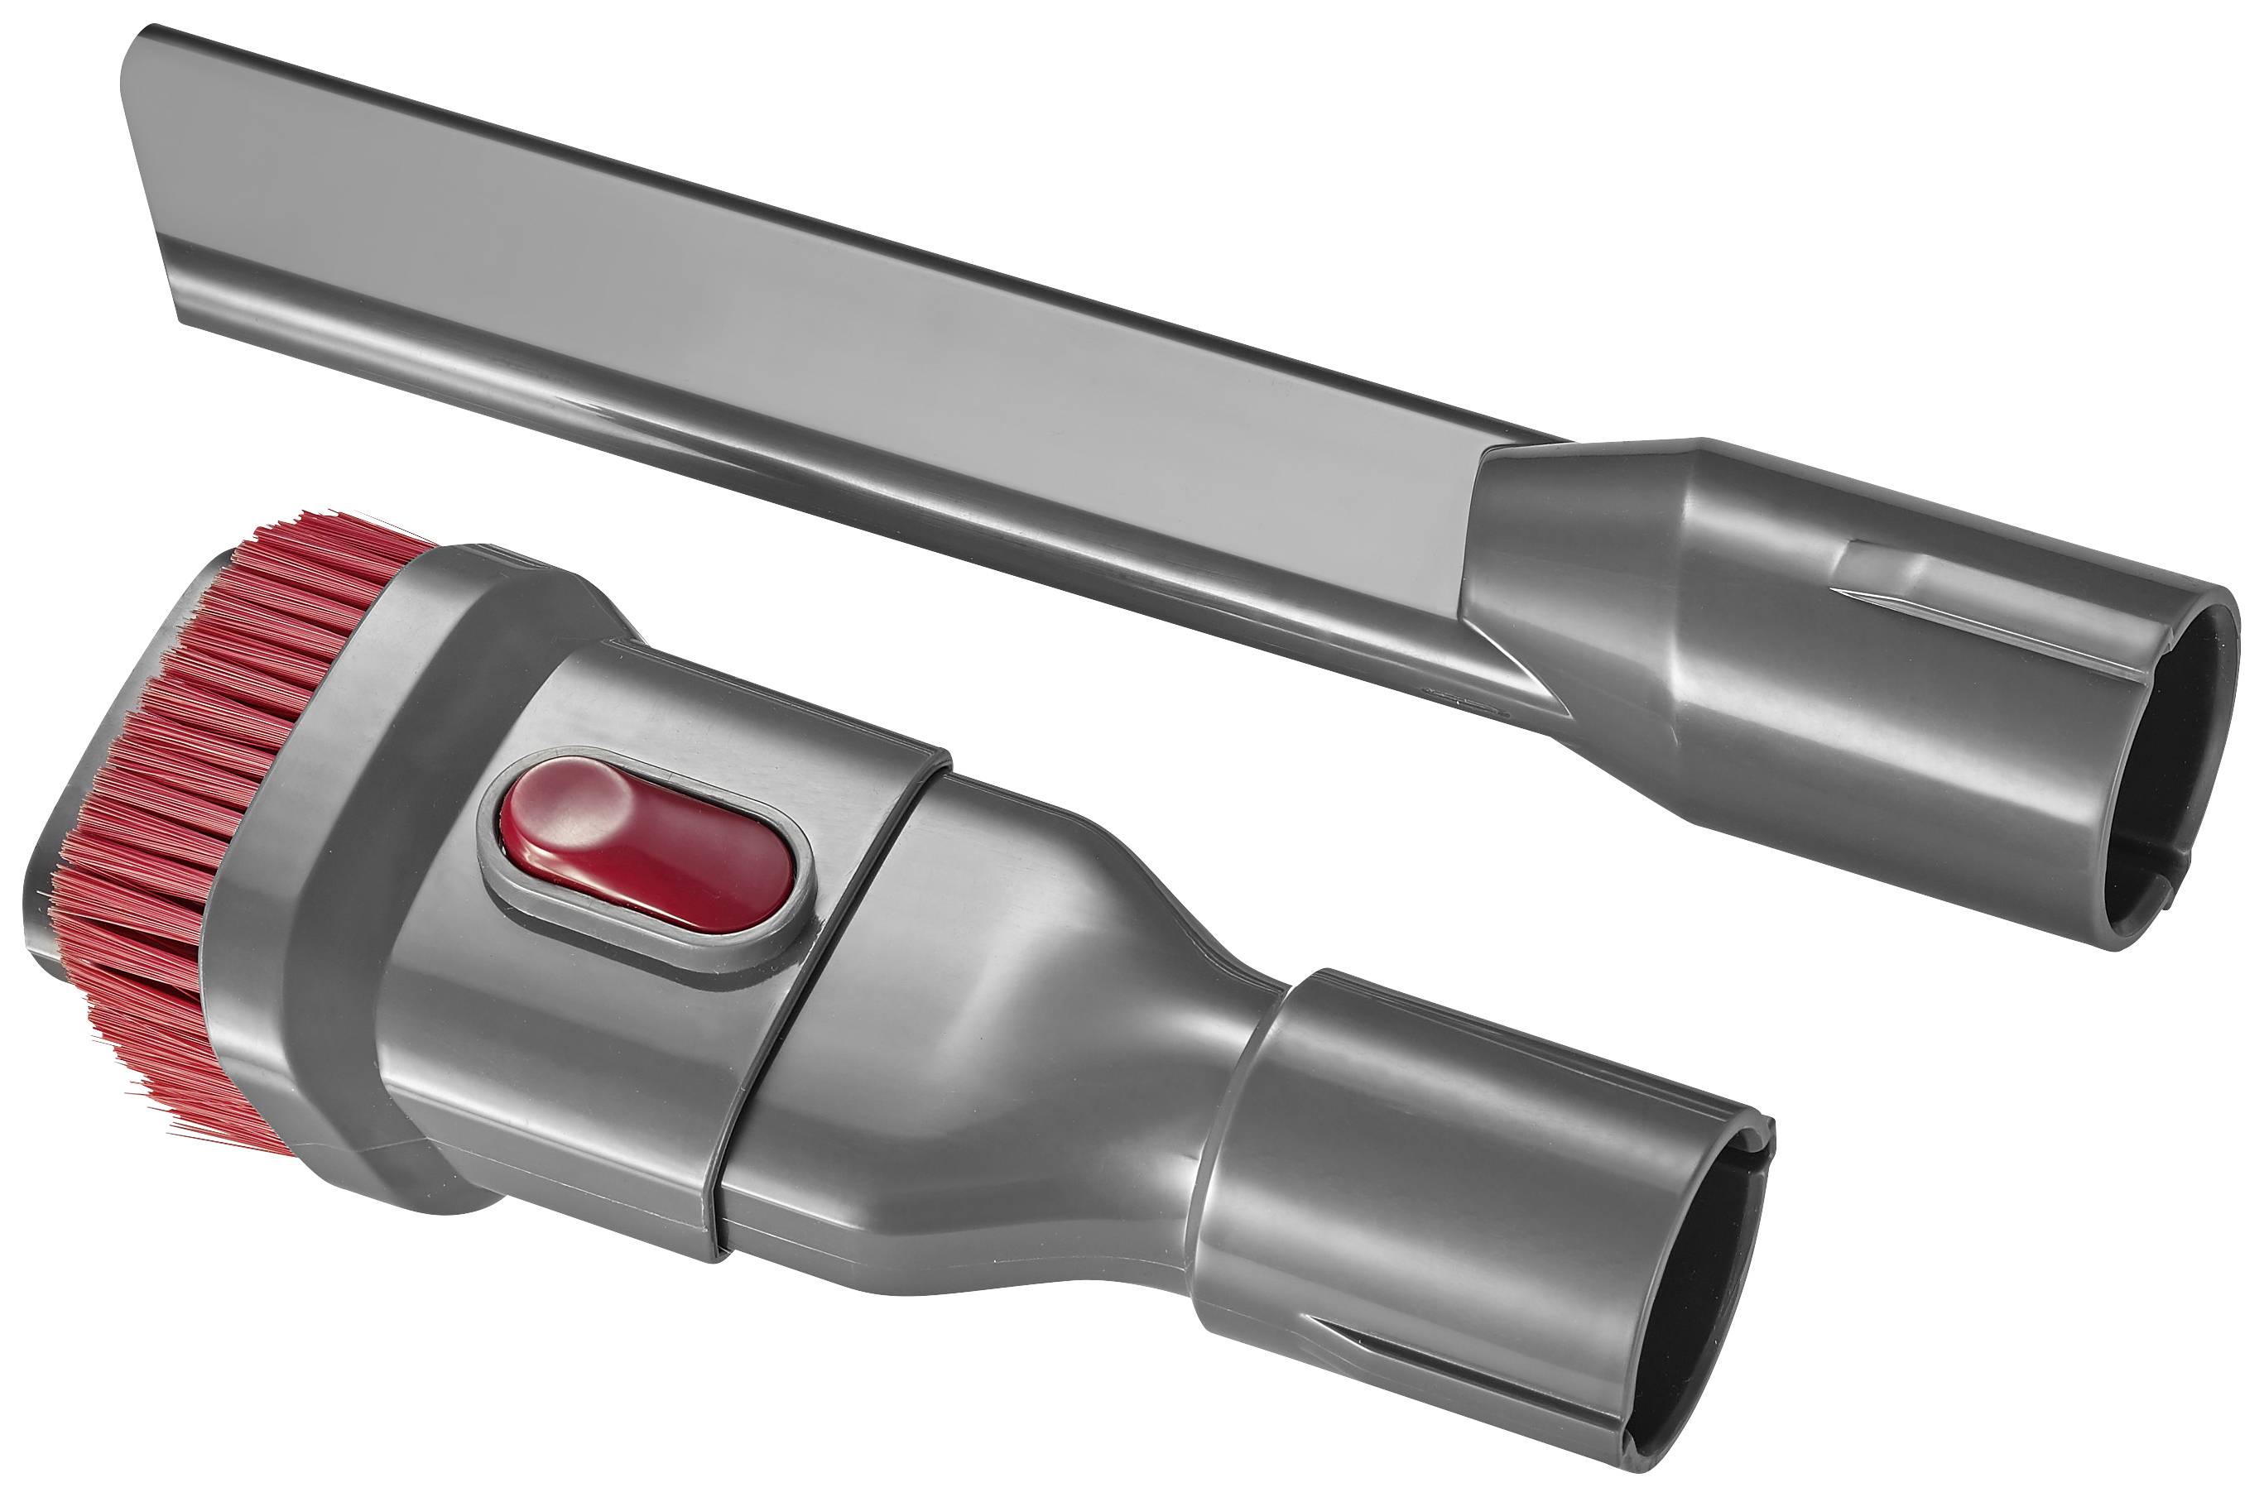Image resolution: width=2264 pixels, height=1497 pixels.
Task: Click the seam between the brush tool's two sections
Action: (x=831, y=1002)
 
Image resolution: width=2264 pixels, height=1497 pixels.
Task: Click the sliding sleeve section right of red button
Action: (x=955, y=1002)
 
